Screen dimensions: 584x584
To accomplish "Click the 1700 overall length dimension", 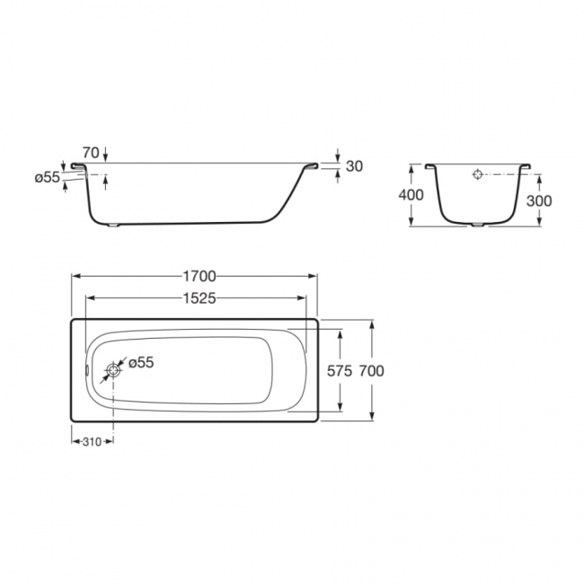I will (x=197, y=276).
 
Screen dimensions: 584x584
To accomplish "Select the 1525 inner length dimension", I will (x=197, y=299).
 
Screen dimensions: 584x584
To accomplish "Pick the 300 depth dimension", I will (x=539, y=200).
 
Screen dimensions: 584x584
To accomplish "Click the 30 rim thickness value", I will (x=354, y=166).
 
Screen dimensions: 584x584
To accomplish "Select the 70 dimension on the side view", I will (x=89, y=152).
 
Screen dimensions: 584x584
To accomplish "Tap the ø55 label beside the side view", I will (x=47, y=177).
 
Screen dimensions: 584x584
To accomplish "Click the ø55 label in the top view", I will (x=141, y=362).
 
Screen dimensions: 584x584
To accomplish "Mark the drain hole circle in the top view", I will (x=113, y=370).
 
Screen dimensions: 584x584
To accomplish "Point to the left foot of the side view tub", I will (x=114, y=226).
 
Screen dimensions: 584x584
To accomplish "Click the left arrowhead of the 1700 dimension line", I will (x=75, y=277).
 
